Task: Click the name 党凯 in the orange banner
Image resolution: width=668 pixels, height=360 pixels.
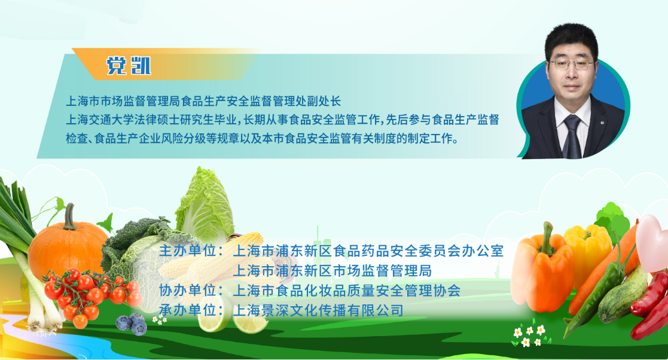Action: click(x=129, y=66)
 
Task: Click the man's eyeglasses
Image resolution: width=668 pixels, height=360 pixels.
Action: click(x=571, y=65)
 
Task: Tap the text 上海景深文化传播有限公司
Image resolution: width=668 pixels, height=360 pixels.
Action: click(x=318, y=310)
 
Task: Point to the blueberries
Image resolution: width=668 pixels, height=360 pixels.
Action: click(x=132, y=324)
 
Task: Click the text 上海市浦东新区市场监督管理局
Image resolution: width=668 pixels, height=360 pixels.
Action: click(x=333, y=270)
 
